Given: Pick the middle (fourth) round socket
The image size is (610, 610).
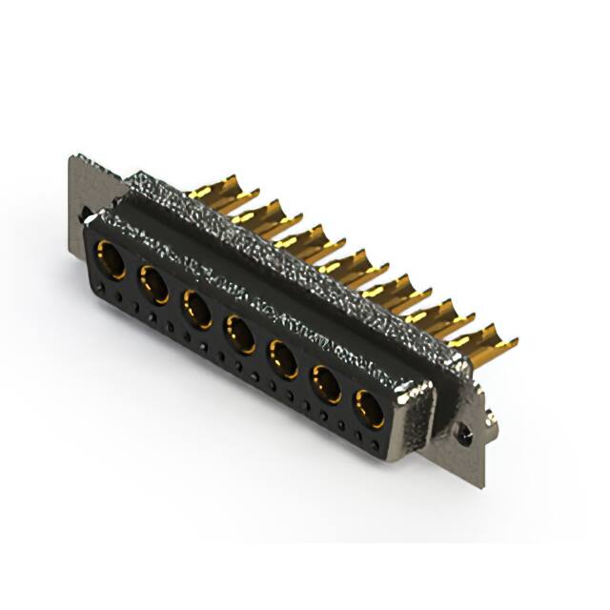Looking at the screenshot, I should coord(239,335).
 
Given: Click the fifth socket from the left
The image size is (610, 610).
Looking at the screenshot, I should coord(283,359).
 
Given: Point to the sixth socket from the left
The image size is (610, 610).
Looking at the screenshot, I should coord(327,384).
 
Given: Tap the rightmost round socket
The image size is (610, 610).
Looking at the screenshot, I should coord(370,409).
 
